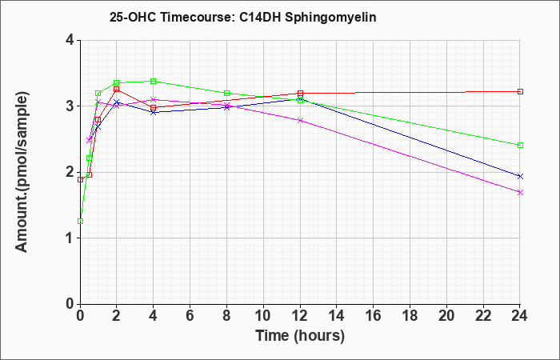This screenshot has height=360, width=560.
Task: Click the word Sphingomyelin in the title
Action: point(330,18)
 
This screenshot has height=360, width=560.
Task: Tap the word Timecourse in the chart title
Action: point(195,17)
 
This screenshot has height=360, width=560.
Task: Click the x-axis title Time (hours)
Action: point(300,336)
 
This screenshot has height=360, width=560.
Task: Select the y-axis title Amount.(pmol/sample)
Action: point(22,172)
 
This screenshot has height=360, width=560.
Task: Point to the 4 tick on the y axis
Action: point(70,40)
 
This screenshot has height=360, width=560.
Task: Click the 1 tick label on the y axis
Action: point(70,238)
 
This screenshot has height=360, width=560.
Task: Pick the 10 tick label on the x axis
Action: point(263,316)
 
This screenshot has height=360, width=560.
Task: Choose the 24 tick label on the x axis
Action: point(520,316)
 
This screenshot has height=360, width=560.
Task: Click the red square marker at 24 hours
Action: point(520,92)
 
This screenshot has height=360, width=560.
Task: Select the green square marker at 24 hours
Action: point(520,146)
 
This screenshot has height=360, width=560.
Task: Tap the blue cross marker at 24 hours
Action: point(520,177)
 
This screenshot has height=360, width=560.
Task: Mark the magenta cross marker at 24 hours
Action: point(520,193)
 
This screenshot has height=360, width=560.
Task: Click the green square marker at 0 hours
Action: point(80,222)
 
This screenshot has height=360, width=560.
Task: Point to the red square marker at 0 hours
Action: point(80,180)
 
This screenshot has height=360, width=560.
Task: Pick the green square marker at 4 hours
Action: point(154,82)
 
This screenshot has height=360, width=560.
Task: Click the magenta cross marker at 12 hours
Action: point(300,121)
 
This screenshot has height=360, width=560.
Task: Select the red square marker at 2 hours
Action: point(117,90)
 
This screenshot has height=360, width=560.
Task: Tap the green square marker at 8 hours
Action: point(226,94)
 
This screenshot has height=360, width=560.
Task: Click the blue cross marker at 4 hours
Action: point(154,113)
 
